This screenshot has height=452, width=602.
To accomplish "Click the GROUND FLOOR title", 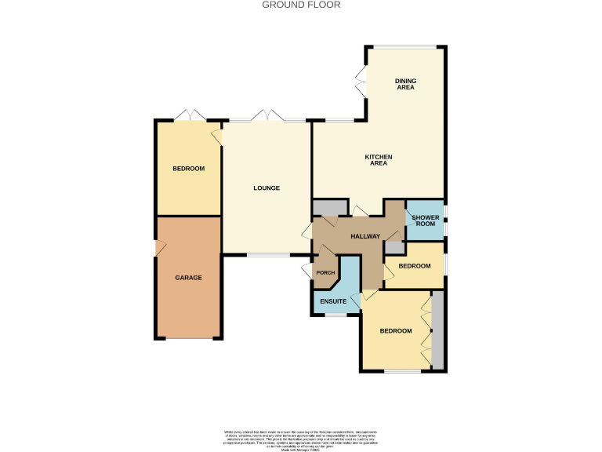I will [x=301, y=5].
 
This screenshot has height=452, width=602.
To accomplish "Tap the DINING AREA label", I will [x=405, y=84].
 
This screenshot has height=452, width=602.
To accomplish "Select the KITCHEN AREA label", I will [x=379, y=160].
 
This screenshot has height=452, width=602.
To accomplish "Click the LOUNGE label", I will [x=267, y=188].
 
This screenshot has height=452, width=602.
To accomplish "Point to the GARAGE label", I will [x=188, y=278].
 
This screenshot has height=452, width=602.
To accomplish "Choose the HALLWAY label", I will [x=364, y=236].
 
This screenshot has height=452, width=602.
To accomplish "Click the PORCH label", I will [x=325, y=273].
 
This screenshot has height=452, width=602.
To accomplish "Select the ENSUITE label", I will [x=333, y=301].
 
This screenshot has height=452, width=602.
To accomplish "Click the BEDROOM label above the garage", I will [x=188, y=169].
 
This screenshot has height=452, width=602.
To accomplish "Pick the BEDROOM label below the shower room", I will [x=414, y=266].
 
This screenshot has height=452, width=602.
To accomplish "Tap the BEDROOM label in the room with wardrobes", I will [x=396, y=331].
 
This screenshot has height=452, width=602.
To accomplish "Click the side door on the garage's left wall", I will [x=159, y=249].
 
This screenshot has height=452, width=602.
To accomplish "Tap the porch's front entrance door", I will [x=307, y=272].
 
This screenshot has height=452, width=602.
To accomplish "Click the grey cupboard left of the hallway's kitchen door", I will [x=329, y=208].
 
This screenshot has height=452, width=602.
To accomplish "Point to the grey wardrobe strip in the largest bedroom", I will [x=437, y=330].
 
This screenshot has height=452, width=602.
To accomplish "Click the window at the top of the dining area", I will [x=404, y=47].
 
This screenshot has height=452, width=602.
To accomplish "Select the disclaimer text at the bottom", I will [x=301, y=439].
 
